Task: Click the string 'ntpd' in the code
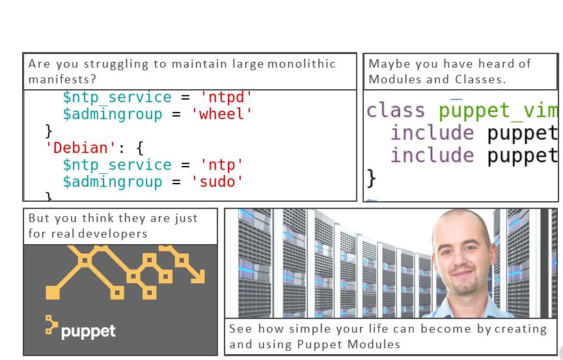click(226, 98)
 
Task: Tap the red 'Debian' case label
click(80, 148)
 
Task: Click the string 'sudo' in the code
click(217, 182)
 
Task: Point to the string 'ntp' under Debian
click(221, 165)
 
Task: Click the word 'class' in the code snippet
click(396, 111)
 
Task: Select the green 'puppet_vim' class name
click(498, 111)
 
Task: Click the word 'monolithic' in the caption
click(301, 64)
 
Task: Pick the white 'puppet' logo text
click(88, 331)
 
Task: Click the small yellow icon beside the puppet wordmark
click(51, 325)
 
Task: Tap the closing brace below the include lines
click(372, 177)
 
